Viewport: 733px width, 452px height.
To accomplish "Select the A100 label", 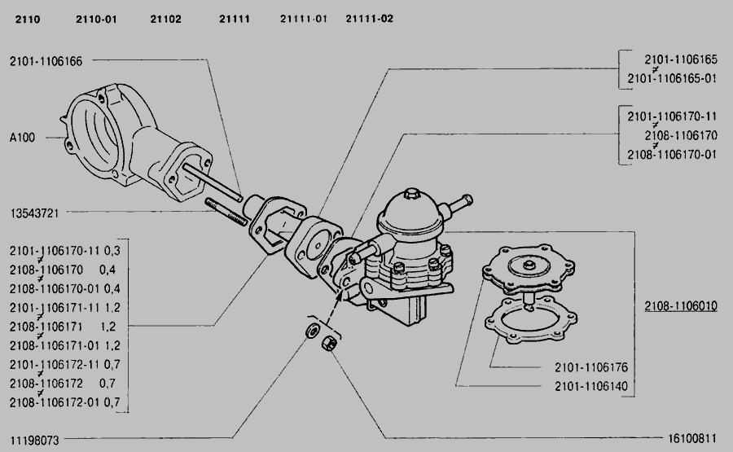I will point(23,138).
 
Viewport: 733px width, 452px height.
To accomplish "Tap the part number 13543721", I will point(34,213).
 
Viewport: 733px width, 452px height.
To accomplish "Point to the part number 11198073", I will point(34,439).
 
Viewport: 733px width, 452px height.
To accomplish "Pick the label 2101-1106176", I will point(590,367).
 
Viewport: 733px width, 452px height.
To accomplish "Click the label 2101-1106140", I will point(590,385).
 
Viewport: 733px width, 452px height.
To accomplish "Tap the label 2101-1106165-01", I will point(672,78).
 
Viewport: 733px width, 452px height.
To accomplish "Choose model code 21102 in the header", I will point(165,19).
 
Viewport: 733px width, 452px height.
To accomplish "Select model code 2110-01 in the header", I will point(96,19).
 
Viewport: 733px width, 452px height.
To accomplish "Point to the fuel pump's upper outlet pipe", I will point(461,200).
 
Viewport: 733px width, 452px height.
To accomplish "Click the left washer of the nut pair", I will point(311,331).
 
